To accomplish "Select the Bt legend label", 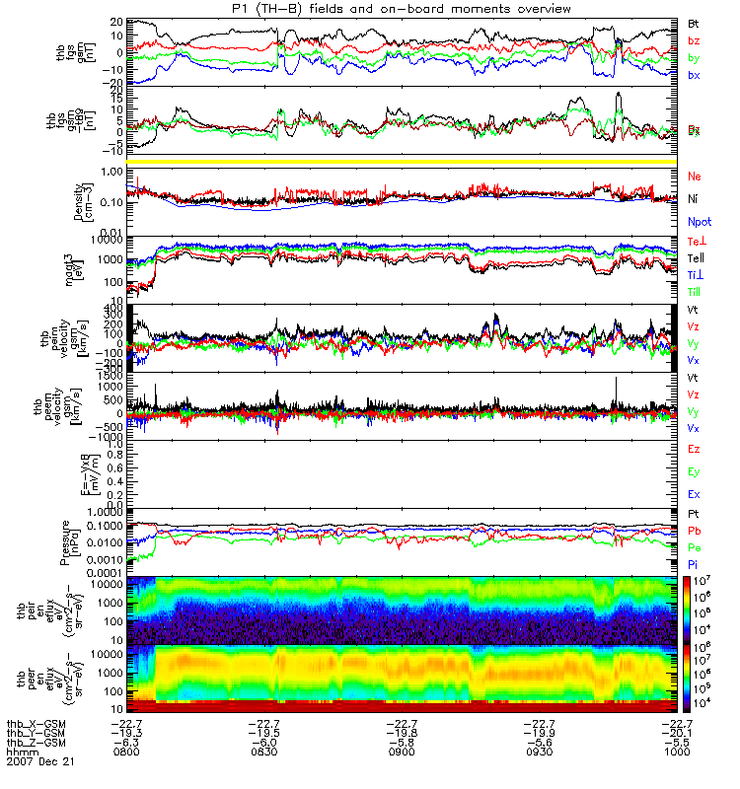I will point(695,23).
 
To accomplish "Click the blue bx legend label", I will point(695,75).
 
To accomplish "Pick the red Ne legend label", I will point(695,176).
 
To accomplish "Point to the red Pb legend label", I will point(695,531).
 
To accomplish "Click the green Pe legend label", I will point(695,547).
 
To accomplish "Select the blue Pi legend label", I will point(694,564).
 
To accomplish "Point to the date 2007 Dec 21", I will point(40,762).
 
